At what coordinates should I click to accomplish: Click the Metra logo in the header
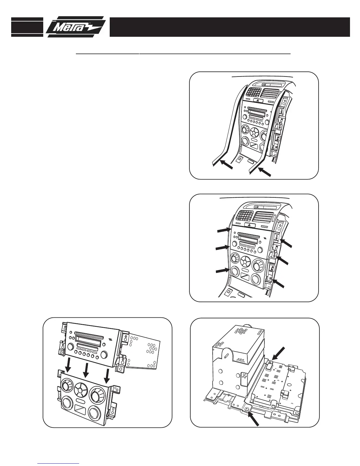pyautogui.click(x=76, y=27)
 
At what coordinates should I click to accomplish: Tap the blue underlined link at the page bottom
pyautogui.click(x=59, y=463)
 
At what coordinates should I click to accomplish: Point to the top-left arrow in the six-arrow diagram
pyautogui.click(x=223, y=230)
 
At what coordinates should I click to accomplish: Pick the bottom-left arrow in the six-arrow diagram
pyautogui.click(x=222, y=270)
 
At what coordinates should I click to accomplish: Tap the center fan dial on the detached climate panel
pyautogui.click(x=79, y=390)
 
